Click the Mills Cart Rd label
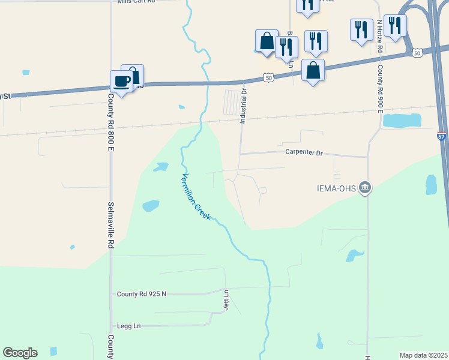click(137, 2)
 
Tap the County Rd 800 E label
click(111, 118)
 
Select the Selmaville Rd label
click(111, 225)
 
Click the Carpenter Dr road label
click(304, 153)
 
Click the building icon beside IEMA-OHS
click(364, 188)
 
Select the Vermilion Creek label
click(196, 196)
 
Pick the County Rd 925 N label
click(141, 294)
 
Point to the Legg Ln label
click(128, 326)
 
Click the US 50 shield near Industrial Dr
click(268, 77)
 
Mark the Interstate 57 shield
click(441, 136)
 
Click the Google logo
click(20, 353)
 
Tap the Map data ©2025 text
click(423, 355)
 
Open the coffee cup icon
click(121, 82)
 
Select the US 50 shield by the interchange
click(417, 53)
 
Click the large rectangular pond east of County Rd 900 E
click(402, 120)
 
